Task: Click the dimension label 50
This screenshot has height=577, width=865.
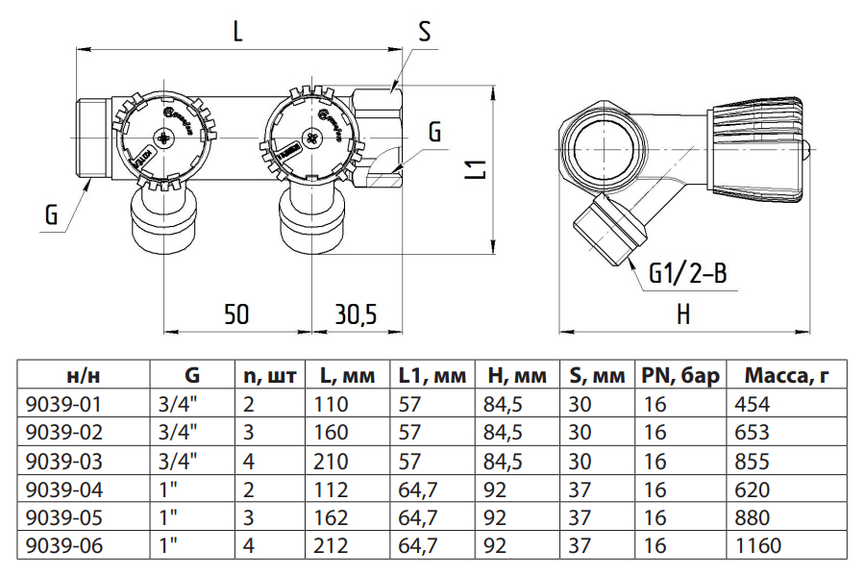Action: [x=237, y=314]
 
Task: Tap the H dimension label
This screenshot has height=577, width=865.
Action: [x=683, y=314]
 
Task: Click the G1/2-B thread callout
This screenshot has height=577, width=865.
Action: [x=688, y=275]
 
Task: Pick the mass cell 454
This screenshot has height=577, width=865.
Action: [x=751, y=402]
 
